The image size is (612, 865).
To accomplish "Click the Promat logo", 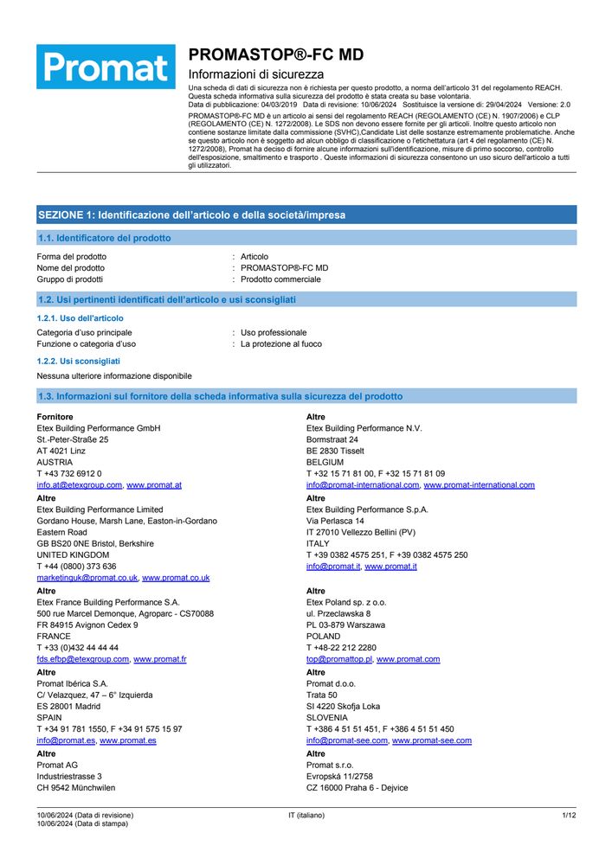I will click(x=106, y=67).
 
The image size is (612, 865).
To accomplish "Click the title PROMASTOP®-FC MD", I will click(x=275, y=54).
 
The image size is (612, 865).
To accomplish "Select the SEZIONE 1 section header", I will click(x=191, y=215).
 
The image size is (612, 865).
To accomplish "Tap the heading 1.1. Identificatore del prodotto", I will click(x=104, y=238).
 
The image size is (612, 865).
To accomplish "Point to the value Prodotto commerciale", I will click(x=280, y=279).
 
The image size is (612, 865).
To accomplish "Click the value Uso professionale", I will click(x=274, y=332).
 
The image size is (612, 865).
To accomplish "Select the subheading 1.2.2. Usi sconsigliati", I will click(x=78, y=360).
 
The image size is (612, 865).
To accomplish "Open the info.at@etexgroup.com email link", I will click(x=79, y=485).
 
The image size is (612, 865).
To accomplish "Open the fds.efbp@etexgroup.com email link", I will click(x=82, y=659).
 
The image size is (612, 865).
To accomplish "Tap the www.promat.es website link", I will click(x=128, y=740).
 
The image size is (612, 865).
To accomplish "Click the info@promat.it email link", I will click(x=333, y=567).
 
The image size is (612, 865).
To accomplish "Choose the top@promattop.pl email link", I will click(x=339, y=659).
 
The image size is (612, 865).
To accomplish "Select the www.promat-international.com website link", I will click(x=479, y=485).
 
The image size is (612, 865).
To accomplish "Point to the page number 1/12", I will click(x=569, y=816).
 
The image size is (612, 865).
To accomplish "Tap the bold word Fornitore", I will click(x=55, y=417).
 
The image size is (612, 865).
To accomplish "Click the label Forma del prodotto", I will click(x=72, y=257).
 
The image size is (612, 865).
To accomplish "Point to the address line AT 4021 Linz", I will click(x=61, y=451).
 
